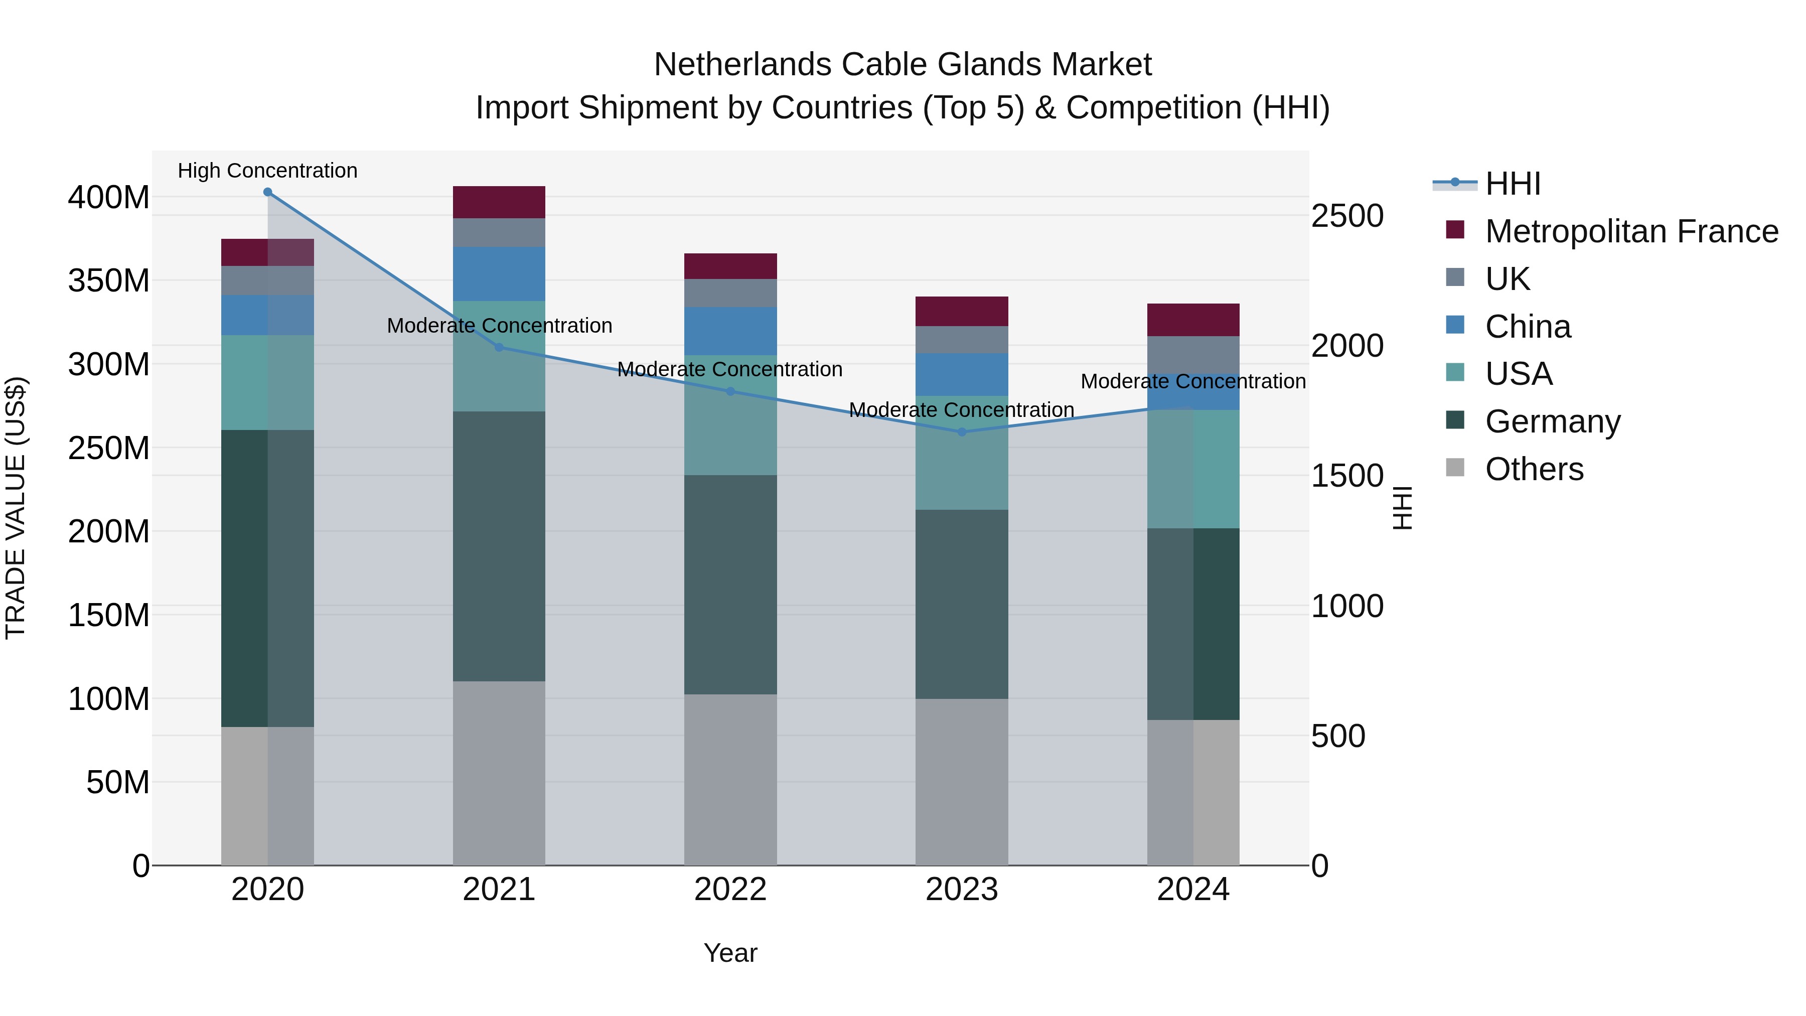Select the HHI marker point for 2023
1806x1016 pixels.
point(962,432)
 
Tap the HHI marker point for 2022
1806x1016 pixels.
point(730,391)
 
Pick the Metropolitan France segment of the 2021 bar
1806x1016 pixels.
point(499,202)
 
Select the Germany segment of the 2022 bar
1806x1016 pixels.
point(730,585)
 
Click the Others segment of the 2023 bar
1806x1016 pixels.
point(962,781)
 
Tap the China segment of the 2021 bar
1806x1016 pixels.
point(499,273)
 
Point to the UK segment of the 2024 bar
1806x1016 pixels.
point(1193,354)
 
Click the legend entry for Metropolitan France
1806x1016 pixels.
point(1631,231)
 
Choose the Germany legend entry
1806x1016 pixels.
point(1552,421)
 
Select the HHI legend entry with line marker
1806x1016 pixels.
point(1486,184)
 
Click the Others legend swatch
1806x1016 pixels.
point(1455,468)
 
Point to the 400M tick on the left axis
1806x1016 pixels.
point(109,198)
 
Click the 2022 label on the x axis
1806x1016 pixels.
point(730,890)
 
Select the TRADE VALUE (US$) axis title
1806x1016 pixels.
point(16,508)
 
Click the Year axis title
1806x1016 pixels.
point(730,953)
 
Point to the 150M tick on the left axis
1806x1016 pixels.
point(109,616)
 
